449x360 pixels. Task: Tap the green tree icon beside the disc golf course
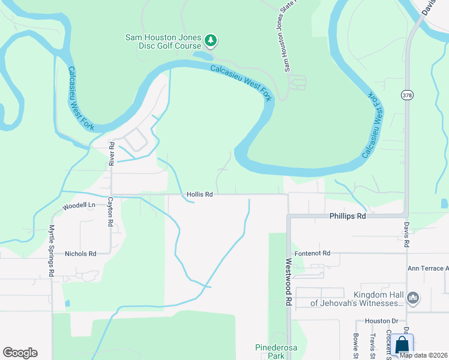pos(210,40)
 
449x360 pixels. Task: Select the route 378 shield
pos(406,95)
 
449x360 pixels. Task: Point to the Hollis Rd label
pos(200,194)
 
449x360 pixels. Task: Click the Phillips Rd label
pos(348,215)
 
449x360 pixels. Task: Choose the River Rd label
pos(111,153)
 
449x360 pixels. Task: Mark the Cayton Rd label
pos(110,211)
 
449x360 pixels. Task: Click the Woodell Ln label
pos(79,205)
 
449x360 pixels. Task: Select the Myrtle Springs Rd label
pos(52,250)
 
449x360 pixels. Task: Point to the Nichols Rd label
pos(80,254)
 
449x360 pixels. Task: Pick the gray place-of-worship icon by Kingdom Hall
pos(412,298)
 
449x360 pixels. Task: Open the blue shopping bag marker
pos(402,346)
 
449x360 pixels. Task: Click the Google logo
pos(20,353)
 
